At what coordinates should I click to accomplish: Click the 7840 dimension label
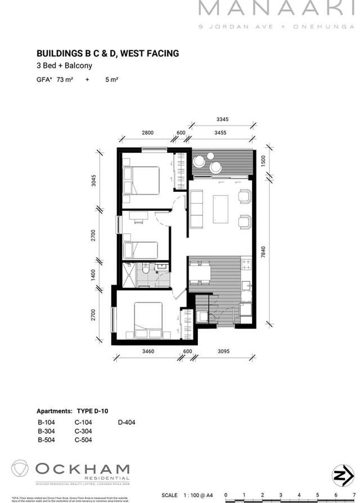(x=263, y=254)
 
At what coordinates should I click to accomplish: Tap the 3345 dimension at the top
(x=222, y=119)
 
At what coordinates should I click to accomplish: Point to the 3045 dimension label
(x=94, y=181)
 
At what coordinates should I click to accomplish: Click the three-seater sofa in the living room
(x=196, y=209)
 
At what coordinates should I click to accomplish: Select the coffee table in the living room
(x=220, y=209)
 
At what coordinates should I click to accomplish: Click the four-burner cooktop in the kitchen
(x=246, y=263)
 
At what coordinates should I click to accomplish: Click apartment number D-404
(x=127, y=423)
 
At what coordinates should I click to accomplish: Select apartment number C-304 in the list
(x=83, y=432)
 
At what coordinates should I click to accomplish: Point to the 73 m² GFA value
(x=65, y=80)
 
